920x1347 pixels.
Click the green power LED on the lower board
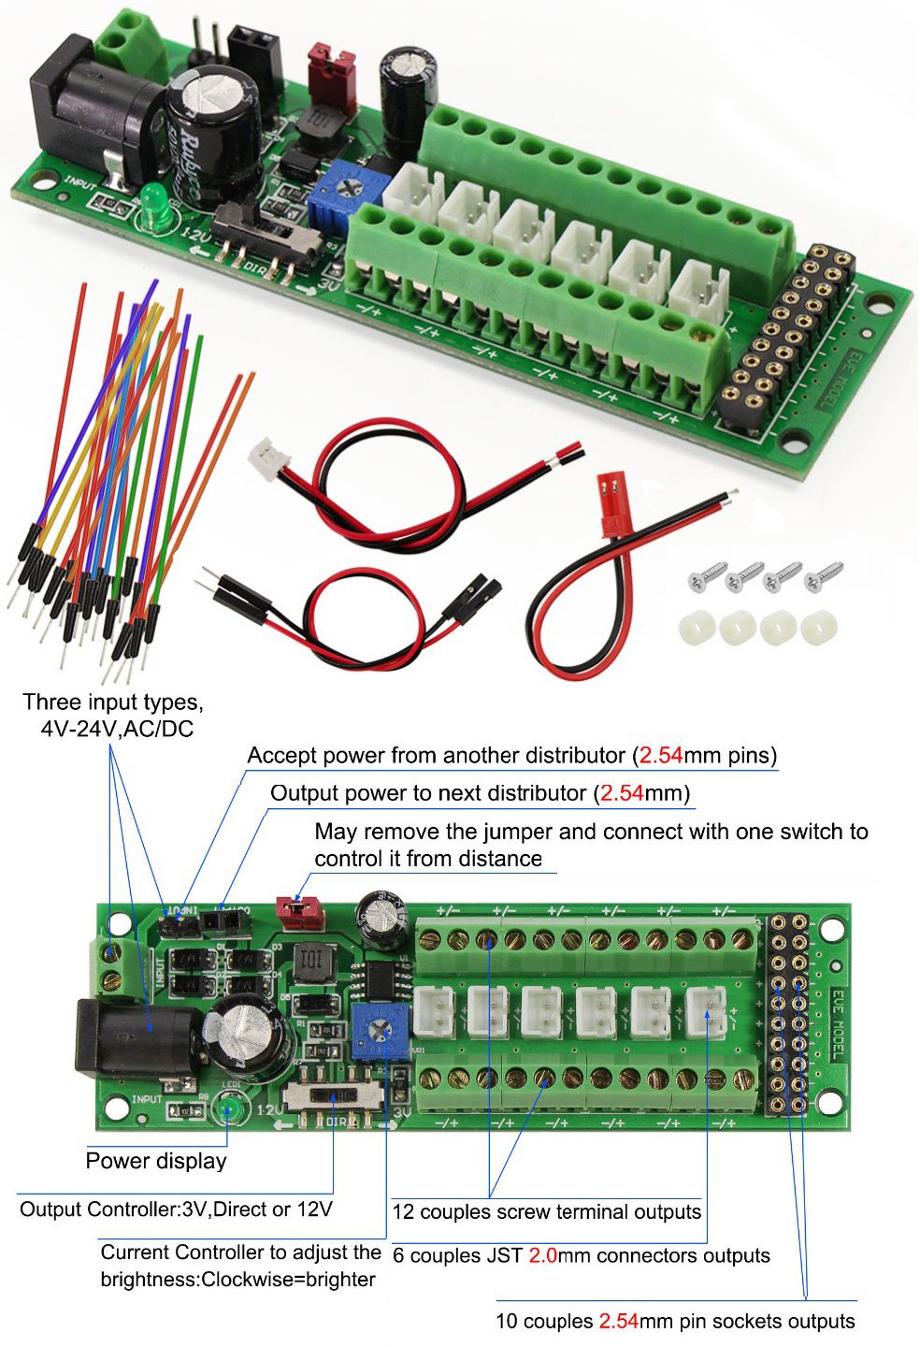(227, 1110)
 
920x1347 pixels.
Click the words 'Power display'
(156, 1161)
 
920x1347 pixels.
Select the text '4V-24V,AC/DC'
(117, 729)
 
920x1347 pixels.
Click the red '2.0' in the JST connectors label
(543, 1255)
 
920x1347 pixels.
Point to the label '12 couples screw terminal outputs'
(546, 1212)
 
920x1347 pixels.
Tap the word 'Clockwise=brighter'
(237, 1280)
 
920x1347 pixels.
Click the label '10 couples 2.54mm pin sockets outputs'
(675, 1322)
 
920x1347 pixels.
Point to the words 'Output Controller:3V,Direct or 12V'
(176, 1209)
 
